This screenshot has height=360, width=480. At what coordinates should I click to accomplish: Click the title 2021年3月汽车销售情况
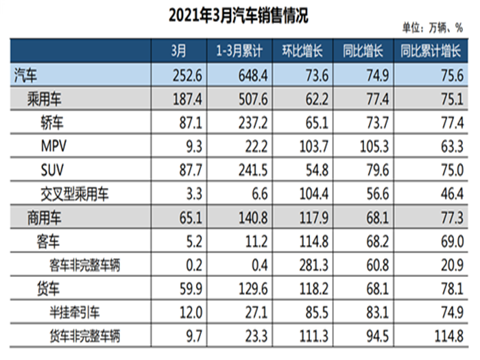coord(238,16)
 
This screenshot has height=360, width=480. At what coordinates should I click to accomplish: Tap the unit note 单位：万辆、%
coord(432,28)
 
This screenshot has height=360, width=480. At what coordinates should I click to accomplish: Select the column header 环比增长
coord(302,51)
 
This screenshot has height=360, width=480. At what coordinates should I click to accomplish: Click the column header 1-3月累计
coord(239,51)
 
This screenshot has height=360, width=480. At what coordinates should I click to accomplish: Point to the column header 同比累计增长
coord(431,51)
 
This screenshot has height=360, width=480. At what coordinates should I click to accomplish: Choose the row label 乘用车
coord(45,99)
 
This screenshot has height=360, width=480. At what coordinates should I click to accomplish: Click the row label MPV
coord(53,146)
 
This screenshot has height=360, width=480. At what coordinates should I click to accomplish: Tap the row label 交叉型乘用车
coord(75,194)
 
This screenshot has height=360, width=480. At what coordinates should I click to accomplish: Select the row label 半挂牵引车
coord(75,313)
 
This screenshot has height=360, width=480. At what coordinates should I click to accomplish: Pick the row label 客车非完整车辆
coord(85,265)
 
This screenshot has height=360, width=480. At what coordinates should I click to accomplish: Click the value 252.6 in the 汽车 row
coord(187,75)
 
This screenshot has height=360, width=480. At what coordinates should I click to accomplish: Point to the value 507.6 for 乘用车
coord(253,99)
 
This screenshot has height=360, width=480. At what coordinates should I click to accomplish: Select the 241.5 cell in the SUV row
coord(253,170)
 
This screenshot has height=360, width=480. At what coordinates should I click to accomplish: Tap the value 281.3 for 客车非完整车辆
coord(314,265)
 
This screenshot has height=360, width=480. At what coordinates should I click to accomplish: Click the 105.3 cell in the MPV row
coord(374,146)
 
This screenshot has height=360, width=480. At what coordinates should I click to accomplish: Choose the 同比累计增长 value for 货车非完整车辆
coord(448,336)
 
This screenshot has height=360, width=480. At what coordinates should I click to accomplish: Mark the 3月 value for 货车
coord(191,289)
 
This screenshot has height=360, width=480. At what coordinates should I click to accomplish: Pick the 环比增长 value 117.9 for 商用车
coord(314,217)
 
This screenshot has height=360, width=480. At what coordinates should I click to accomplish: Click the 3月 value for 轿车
coord(191,123)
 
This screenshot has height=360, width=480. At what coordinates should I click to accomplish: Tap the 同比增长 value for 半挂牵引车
coord(378,313)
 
